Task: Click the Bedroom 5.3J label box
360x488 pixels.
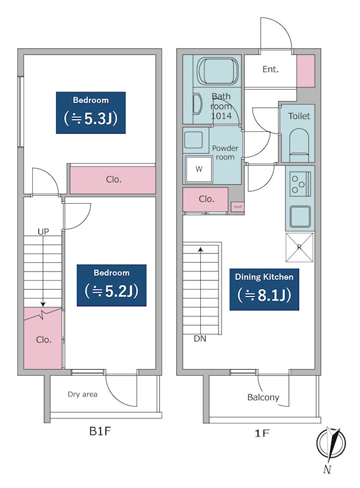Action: [x=91, y=113]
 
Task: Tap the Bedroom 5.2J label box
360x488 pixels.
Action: [x=112, y=285]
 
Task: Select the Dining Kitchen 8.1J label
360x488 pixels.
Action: [x=264, y=289]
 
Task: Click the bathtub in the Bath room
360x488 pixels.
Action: [x=218, y=71]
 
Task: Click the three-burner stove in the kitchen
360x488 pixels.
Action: [x=300, y=184]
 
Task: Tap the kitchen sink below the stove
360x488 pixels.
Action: [x=300, y=217]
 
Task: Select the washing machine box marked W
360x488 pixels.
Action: [x=199, y=170]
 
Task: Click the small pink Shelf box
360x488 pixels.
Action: [x=237, y=207]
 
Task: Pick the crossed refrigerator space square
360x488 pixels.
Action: [x=299, y=248]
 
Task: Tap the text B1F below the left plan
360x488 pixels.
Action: [x=100, y=431]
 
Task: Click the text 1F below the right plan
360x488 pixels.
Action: [x=262, y=433]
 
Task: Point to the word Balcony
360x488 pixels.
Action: [x=263, y=398]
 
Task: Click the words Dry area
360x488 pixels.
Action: [x=82, y=394]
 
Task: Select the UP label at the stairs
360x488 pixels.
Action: [x=43, y=232]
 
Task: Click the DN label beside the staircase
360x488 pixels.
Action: [x=200, y=339]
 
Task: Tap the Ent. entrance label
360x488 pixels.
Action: [x=270, y=69]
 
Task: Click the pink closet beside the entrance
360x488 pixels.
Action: [x=306, y=71]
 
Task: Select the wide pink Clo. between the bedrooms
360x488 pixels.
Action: [x=113, y=180]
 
